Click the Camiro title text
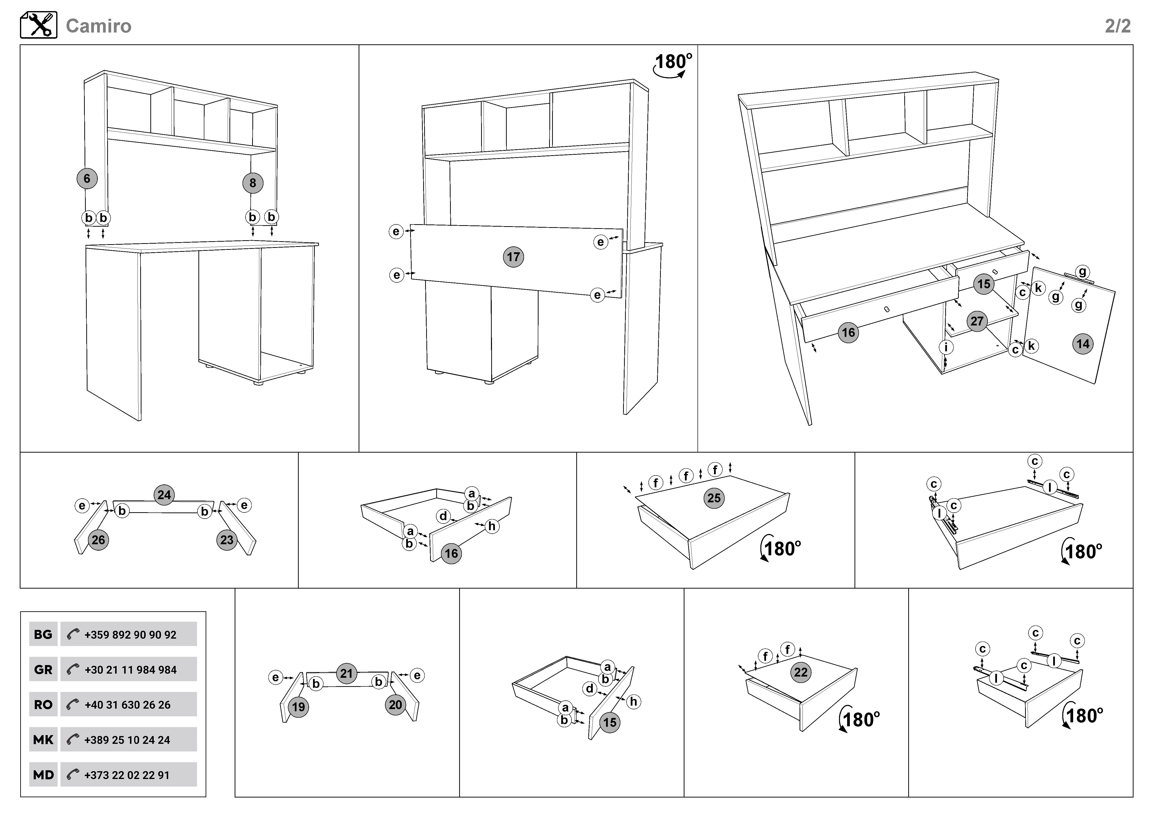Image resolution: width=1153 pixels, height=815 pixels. [98, 26]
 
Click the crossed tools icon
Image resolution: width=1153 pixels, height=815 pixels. [39, 25]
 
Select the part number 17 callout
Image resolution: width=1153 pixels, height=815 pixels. [513, 257]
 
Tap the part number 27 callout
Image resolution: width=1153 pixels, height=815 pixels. [977, 321]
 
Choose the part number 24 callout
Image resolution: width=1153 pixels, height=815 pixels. [164, 495]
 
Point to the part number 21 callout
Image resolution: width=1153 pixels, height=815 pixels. [347, 674]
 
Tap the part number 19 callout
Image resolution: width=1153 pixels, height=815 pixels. [298, 707]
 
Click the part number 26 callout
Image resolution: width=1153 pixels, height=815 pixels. [98, 540]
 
